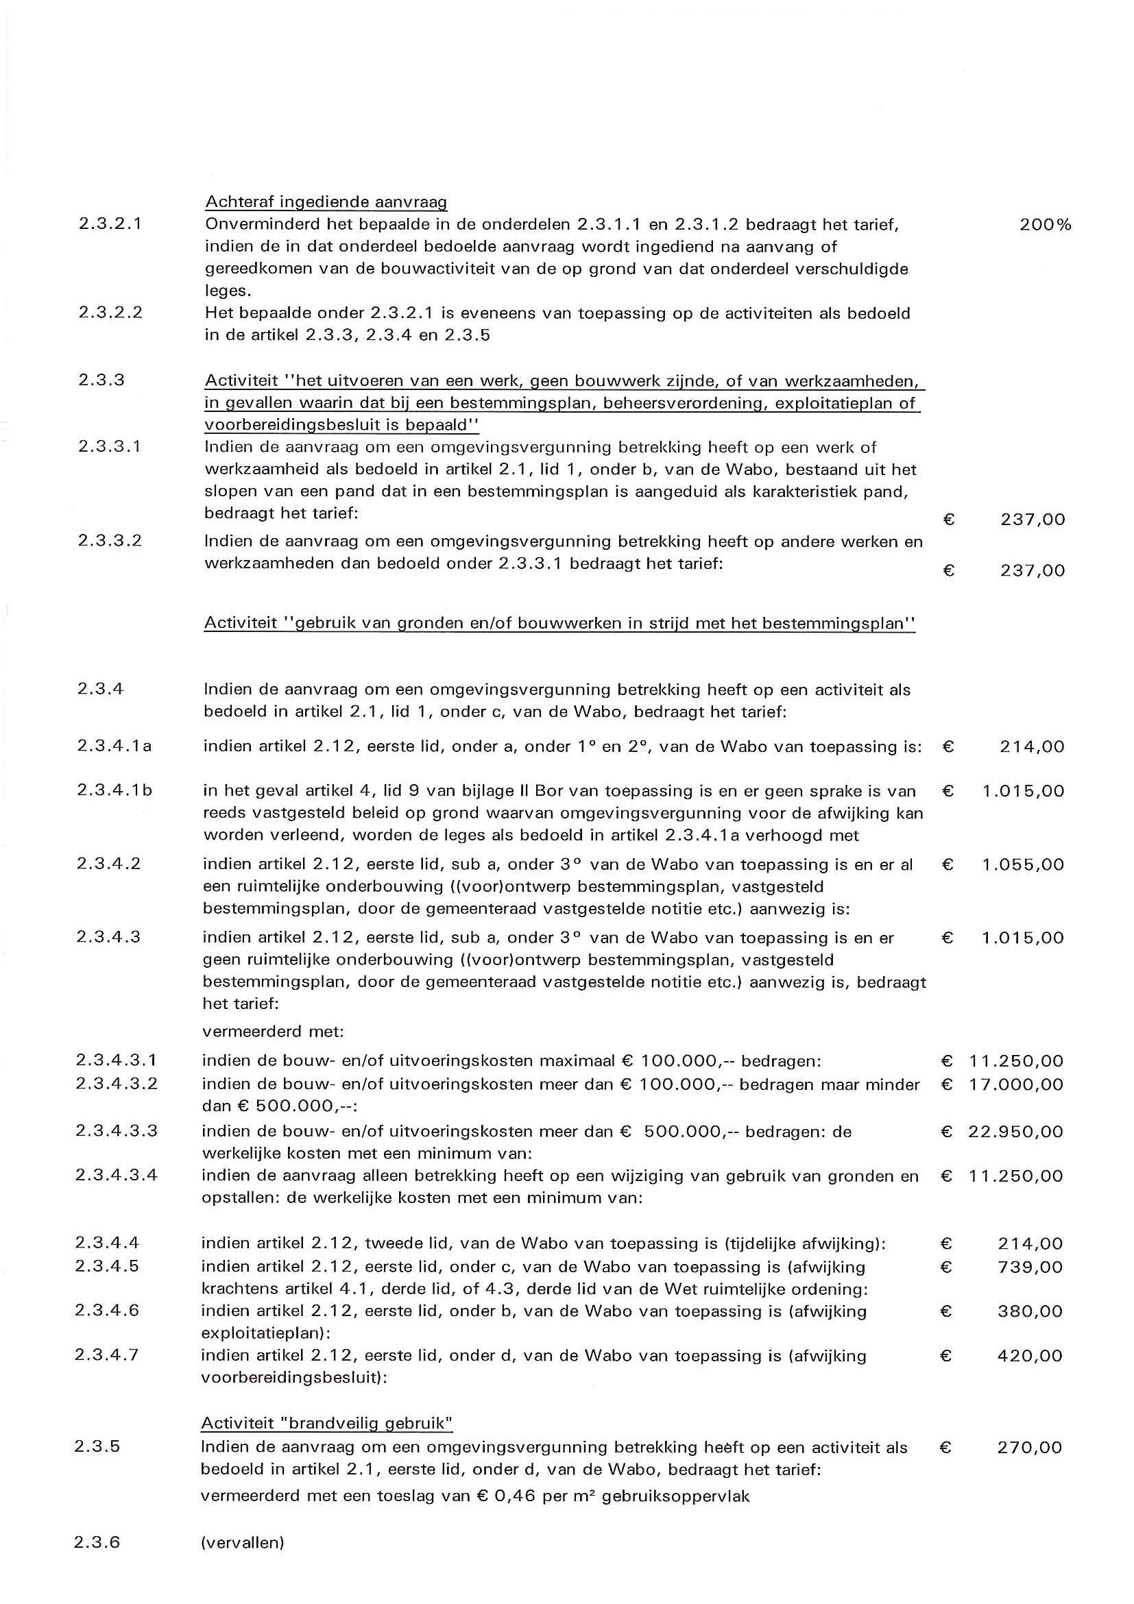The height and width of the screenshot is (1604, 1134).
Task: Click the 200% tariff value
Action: tap(1045, 225)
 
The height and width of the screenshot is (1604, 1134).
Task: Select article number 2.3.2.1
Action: tap(110, 224)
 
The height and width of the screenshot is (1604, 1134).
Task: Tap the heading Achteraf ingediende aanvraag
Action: tap(326, 202)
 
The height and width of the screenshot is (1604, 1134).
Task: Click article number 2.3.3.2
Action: tap(110, 541)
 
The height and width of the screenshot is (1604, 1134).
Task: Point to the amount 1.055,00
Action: tap(1023, 865)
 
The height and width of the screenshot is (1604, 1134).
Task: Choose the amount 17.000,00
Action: tap(1016, 1084)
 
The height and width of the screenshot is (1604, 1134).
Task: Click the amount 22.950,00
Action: tap(1015, 1131)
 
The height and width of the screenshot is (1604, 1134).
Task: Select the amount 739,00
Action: tap(1030, 1267)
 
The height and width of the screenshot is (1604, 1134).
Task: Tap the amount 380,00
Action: tap(1030, 1311)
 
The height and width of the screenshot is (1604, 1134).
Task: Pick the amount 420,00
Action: tap(1030, 1356)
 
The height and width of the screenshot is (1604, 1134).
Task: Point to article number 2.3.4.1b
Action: tap(114, 791)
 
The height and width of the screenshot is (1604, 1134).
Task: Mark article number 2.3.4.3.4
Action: tap(117, 1175)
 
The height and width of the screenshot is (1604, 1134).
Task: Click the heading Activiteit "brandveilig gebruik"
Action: tap(327, 1423)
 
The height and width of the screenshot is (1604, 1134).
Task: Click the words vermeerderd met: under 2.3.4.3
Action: tap(273, 1032)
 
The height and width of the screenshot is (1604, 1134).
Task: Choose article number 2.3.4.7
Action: tap(107, 1355)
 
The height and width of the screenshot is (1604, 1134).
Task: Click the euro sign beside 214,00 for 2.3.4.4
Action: tap(947, 1243)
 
